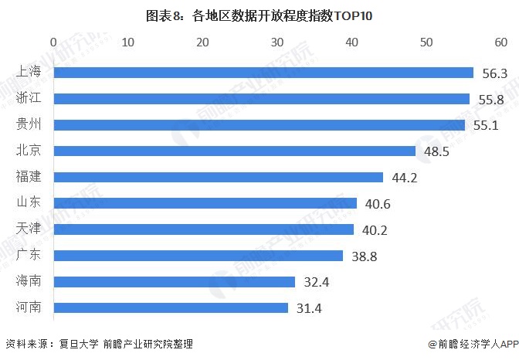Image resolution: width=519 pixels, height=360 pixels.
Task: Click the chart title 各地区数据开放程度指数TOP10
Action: click(259, 15)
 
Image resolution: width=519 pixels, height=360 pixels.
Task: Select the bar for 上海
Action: click(263, 73)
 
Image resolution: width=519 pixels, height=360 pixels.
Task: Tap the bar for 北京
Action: click(235, 151)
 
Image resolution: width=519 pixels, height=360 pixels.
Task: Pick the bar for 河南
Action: click(171, 307)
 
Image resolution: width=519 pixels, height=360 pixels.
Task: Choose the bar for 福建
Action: click(219, 177)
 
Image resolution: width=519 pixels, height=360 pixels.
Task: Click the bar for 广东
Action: click(198, 256)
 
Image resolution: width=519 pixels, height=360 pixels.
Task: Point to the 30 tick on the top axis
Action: click(277, 40)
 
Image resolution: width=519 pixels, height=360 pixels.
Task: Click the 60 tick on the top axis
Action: click(501, 40)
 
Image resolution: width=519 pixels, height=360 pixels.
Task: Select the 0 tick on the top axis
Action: click(53, 40)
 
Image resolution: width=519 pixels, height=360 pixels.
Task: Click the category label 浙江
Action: click(29, 99)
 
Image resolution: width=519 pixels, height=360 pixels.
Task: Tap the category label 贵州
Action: click(29, 125)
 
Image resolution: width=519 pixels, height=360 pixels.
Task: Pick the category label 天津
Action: click(29, 229)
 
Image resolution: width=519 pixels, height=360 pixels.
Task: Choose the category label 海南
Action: click(29, 282)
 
